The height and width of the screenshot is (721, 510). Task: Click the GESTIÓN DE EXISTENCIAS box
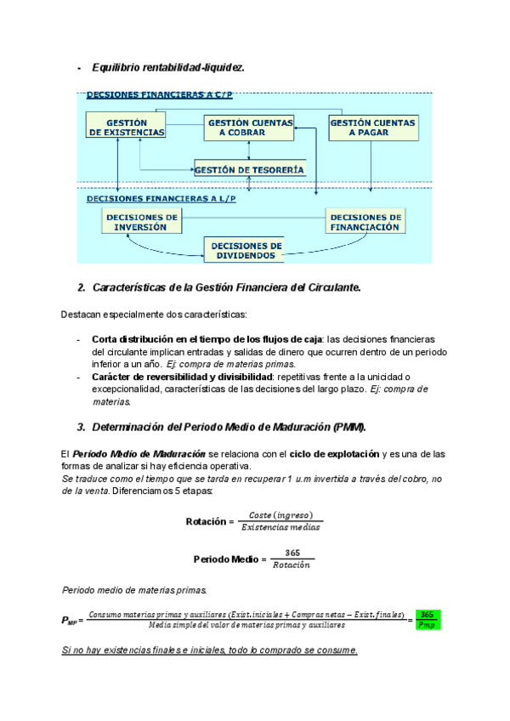click(x=126, y=128)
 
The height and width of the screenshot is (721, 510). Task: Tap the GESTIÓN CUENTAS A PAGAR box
click(x=372, y=128)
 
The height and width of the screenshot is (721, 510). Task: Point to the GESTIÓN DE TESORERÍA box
click(x=248, y=170)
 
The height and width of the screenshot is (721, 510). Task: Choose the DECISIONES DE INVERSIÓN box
click(x=140, y=222)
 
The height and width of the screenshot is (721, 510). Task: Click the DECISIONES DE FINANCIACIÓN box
click(x=365, y=222)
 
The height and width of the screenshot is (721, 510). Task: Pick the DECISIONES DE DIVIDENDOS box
click(x=245, y=250)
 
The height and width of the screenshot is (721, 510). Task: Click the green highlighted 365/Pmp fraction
click(x=428, y=619)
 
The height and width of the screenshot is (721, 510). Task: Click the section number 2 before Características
click(x=81, y=287)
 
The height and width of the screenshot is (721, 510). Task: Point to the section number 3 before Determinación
click(x=81, y=426)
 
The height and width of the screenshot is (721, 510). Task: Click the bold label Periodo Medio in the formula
click(x=225, y=559)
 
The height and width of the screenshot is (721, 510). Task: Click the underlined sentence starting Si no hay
click(x=210, y=650)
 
